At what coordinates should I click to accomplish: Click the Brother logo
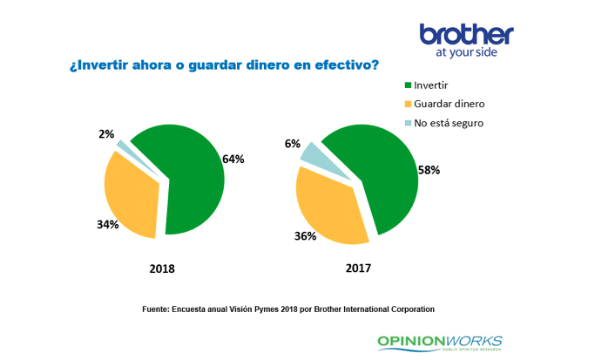coord(466,34)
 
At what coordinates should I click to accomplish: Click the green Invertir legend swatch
coord(407,85)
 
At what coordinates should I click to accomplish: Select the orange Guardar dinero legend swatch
coord(407,104)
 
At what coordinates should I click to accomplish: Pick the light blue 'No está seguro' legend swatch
coord(407,123)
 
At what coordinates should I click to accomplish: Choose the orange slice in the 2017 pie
coord(327,205)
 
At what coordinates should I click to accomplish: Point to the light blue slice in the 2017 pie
coord(317,157)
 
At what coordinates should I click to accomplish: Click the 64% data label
coord(233,160)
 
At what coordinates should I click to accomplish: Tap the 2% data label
coord(106,134)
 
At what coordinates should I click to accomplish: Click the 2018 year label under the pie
coord(162,268)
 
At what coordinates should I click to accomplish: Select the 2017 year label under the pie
coord(358,268)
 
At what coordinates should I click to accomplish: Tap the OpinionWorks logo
coord(439,341)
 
